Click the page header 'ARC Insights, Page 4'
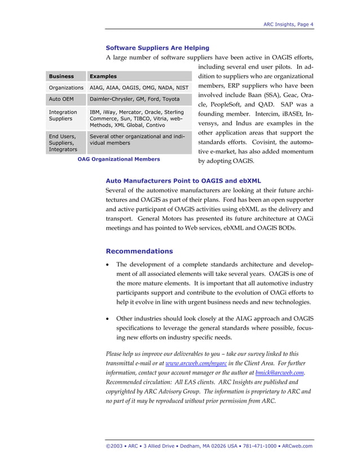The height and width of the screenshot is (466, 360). pyautogui.click(x=288, y=24)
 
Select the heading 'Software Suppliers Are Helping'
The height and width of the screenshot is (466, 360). pyautogui.click(x=157, y=48)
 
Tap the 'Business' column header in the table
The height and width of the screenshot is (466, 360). pyautogui.click(x=62, y=76)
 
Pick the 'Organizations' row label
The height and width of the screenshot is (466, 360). pyautogui.click(x=66, y=88)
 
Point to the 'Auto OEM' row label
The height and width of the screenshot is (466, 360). pyautogui.click(x=62, y=100)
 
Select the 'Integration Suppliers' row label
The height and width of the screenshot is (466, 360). pyautogui.click(x=63, y=116)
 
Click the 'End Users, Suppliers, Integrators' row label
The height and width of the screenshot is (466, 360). pyautogui.click(x=63, y=143)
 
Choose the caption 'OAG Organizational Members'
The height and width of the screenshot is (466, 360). pyautogui.click(x=118, y=159)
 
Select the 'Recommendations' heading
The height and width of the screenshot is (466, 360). pyautogui.click(x=139, y=251)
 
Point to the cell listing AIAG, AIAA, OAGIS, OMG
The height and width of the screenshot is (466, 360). pyautogui.click(x=139, y=88)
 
